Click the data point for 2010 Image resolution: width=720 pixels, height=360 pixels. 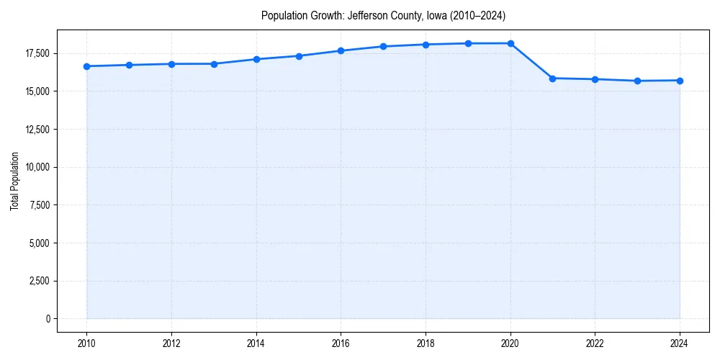86,66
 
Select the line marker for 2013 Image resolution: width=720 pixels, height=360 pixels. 214,64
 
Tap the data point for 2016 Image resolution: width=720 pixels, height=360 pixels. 341,50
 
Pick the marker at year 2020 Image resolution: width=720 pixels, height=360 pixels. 510,43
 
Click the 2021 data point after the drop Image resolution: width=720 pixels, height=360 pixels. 553,78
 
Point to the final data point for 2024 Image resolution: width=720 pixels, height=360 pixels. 680,81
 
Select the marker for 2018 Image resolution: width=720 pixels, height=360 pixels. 426,45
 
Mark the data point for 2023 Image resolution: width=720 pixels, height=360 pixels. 637,81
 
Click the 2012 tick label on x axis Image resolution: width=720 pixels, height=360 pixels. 171,343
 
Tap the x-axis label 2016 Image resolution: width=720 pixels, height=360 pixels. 341,343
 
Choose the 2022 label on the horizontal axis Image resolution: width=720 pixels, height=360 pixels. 595,343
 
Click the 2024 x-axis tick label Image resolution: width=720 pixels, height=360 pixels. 680,343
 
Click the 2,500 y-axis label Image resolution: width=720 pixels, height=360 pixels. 40,281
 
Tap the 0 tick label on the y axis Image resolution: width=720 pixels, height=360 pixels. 49,319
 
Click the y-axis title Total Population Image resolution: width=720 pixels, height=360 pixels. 15,181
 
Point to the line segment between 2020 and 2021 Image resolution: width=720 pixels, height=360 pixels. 532,61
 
